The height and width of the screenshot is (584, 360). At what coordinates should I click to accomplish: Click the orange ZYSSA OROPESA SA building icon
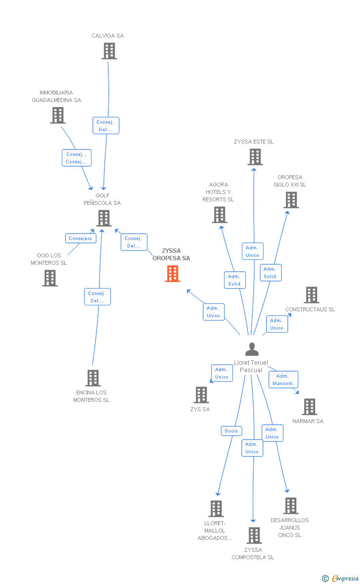tap(173, 274)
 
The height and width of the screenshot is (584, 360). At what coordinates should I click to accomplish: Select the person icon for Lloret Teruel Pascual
tap(252, 349)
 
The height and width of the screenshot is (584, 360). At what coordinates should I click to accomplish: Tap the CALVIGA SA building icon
tap(109, 51)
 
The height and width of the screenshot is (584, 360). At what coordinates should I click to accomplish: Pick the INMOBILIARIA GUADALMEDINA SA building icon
tap(58, 115)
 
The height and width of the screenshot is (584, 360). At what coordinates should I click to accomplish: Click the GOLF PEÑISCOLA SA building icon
tap(103, 218)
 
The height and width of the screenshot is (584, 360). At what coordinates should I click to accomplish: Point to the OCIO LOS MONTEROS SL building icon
tap(50, 278)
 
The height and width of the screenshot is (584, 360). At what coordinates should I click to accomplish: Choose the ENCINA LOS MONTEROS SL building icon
tap(93, 378)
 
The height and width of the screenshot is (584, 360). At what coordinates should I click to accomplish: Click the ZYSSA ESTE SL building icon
tap(255, 157)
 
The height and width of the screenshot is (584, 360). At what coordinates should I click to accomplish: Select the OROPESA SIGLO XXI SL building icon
tap(291, 200)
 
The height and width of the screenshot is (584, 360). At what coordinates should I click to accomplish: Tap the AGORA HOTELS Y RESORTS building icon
tap(219, 215)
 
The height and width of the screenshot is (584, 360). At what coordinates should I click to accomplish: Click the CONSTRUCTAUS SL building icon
tap(311, 295)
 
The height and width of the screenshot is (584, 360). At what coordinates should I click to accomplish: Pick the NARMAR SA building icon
tap(309, 407)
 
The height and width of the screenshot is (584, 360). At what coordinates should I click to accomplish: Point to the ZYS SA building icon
tap(201, 395)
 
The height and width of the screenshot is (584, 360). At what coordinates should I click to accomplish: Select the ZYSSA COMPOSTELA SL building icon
tap(254, 535)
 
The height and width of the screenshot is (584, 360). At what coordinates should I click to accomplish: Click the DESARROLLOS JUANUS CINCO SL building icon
tap(290, 506)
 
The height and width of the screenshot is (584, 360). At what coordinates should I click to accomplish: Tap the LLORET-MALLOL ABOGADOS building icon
tap(216, 509)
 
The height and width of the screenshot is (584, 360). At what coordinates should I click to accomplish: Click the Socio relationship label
tap(231, 431)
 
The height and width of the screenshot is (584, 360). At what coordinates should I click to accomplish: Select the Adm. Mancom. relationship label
tap(283, 380)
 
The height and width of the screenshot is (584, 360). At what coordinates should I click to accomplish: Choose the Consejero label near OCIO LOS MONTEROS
tap(81, 239)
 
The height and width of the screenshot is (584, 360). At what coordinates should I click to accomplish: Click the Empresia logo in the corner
tap(341, 578)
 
